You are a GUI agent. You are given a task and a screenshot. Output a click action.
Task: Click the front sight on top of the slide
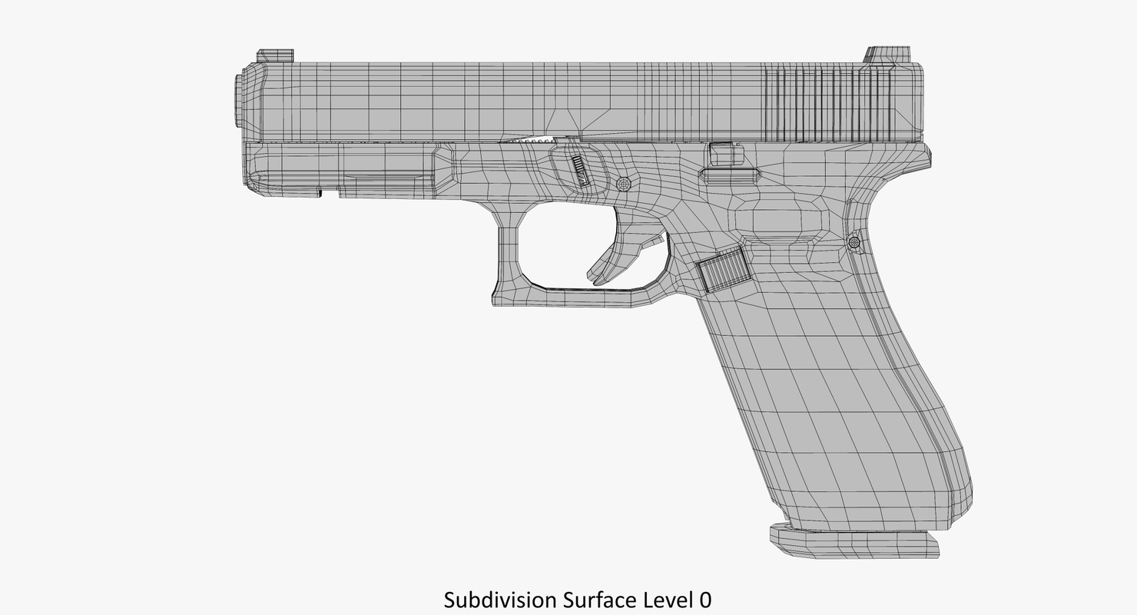click(274, 56)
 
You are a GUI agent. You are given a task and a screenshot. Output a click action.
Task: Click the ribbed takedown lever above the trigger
click(582, 170)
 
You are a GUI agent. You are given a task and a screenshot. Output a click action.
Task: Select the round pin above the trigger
click(624, 184)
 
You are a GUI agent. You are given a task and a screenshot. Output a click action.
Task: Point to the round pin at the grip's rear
click(854, 242)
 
